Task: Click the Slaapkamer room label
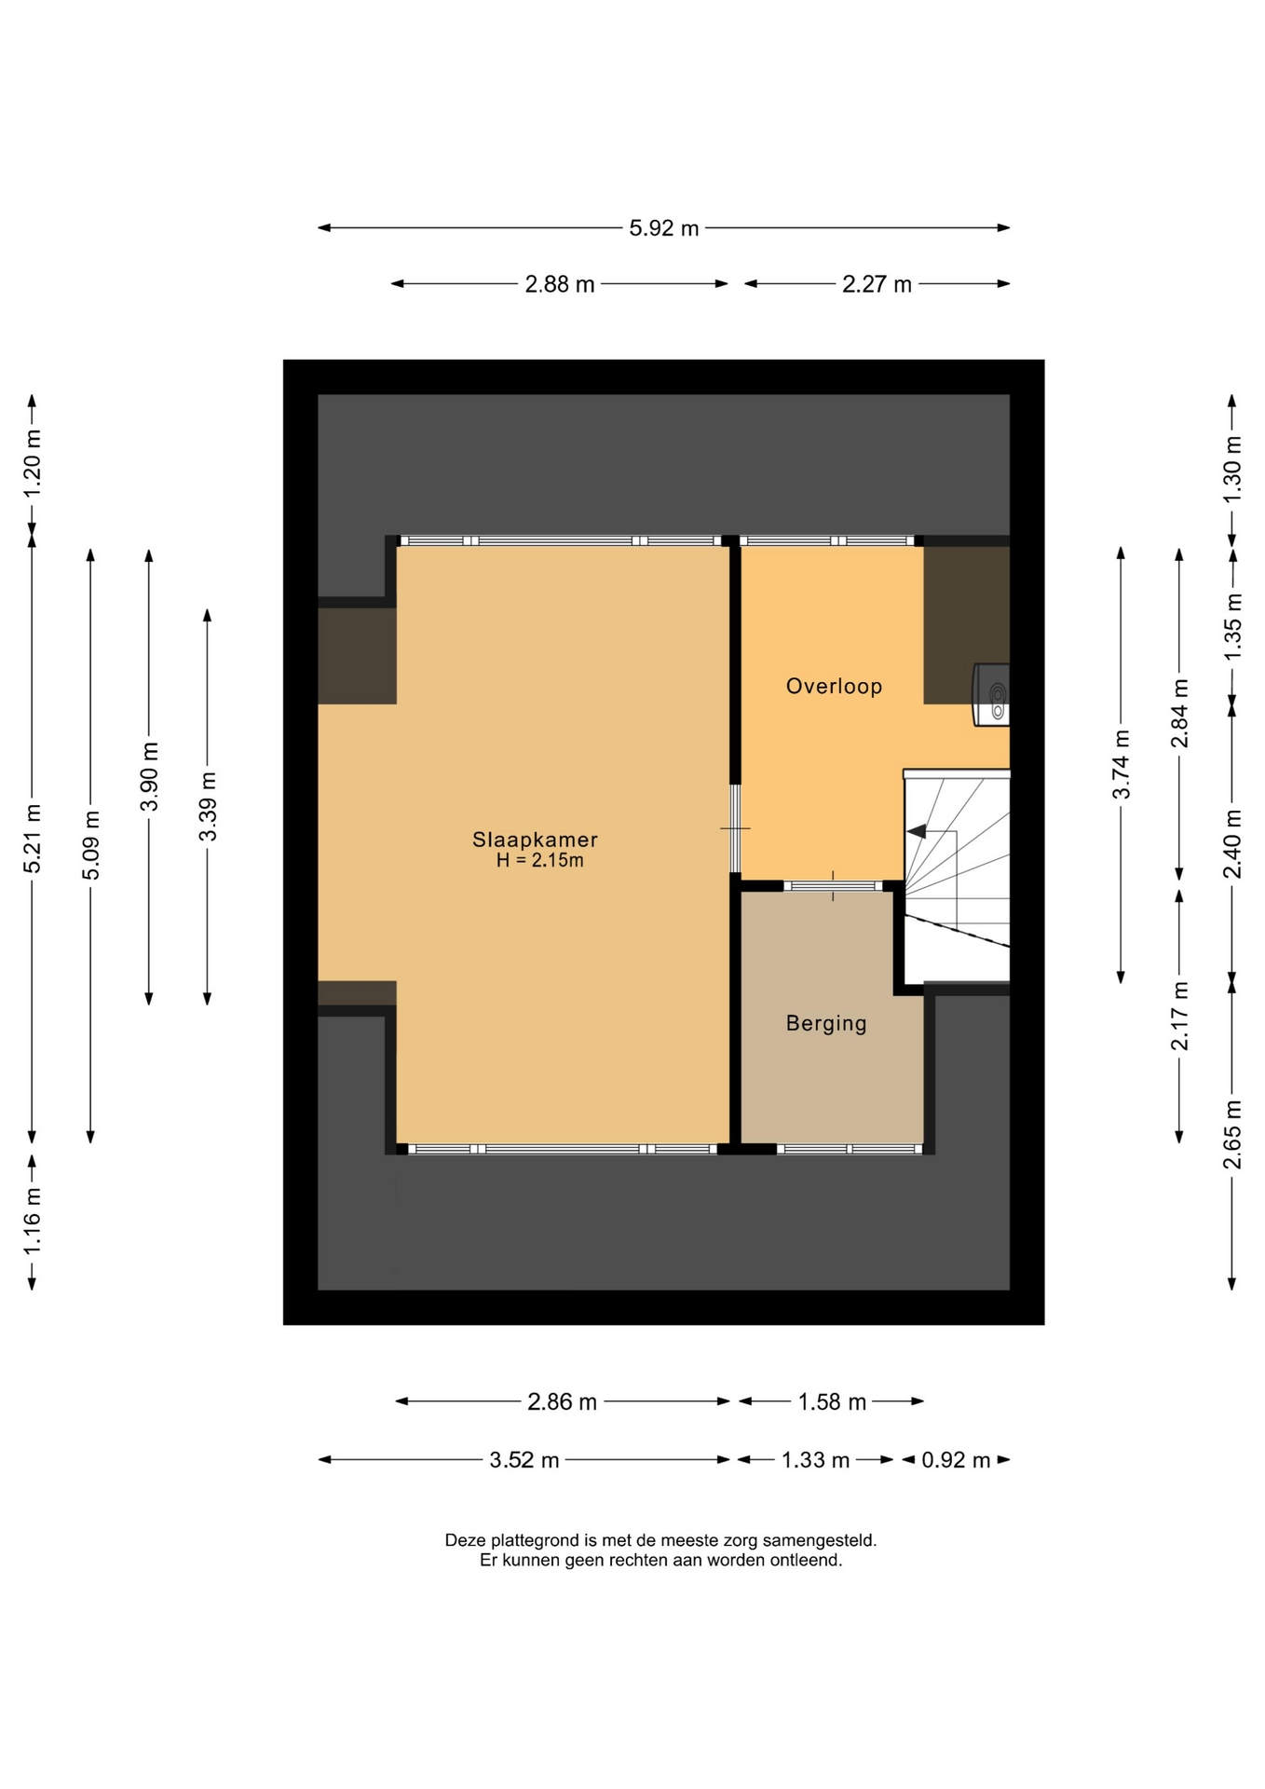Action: [x=535, y=840]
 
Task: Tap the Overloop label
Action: [x=834, y=687]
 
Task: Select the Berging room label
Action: [x=826, y=1023]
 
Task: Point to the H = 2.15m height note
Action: [x=540, y=860]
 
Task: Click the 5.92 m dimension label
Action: [x=664, y=228]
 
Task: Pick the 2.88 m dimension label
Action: [x=560, y=284]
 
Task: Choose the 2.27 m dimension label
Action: [x=877, y=284]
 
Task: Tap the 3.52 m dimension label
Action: [x=524, y=1460]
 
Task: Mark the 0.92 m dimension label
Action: [x=956, y=1460]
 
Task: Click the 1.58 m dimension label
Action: [x=833, y=1402]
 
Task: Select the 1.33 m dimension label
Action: [x=815, y=1460]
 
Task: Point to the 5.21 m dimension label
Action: [x=33, y=839]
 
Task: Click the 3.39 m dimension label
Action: [x=208, y=807]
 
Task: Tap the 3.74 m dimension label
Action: [x=1122, y=764]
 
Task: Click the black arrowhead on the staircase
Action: [x=916, y=831]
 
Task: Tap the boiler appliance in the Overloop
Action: [x=991, y=694]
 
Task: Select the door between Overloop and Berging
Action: [x=833, y=886]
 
